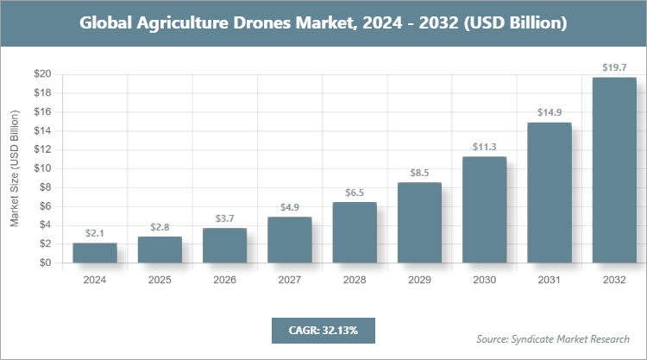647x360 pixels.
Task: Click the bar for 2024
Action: click(95, 254)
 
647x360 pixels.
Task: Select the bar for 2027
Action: click(290, 240)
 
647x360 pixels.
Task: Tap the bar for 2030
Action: click(484, 210)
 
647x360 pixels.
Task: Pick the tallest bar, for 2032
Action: click(614, 170)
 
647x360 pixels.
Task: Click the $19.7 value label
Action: click(614, 66)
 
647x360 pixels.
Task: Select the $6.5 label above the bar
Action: click(355, 192)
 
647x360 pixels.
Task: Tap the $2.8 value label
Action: click(160, 226)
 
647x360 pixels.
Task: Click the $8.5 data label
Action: click(419, 172)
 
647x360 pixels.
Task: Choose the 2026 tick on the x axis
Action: click(224, 281)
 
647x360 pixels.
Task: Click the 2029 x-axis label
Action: click(419, 281)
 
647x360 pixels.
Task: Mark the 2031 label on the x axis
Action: click(550, 281)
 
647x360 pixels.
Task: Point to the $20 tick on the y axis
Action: click(41, 74)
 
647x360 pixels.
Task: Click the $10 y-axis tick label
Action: click(41, 168)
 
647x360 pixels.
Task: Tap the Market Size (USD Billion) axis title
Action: click(14, 168)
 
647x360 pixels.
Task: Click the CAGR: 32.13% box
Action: click(323, 330)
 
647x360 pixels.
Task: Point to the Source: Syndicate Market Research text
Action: click(552, 338)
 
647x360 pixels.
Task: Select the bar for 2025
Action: click(160, 250)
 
